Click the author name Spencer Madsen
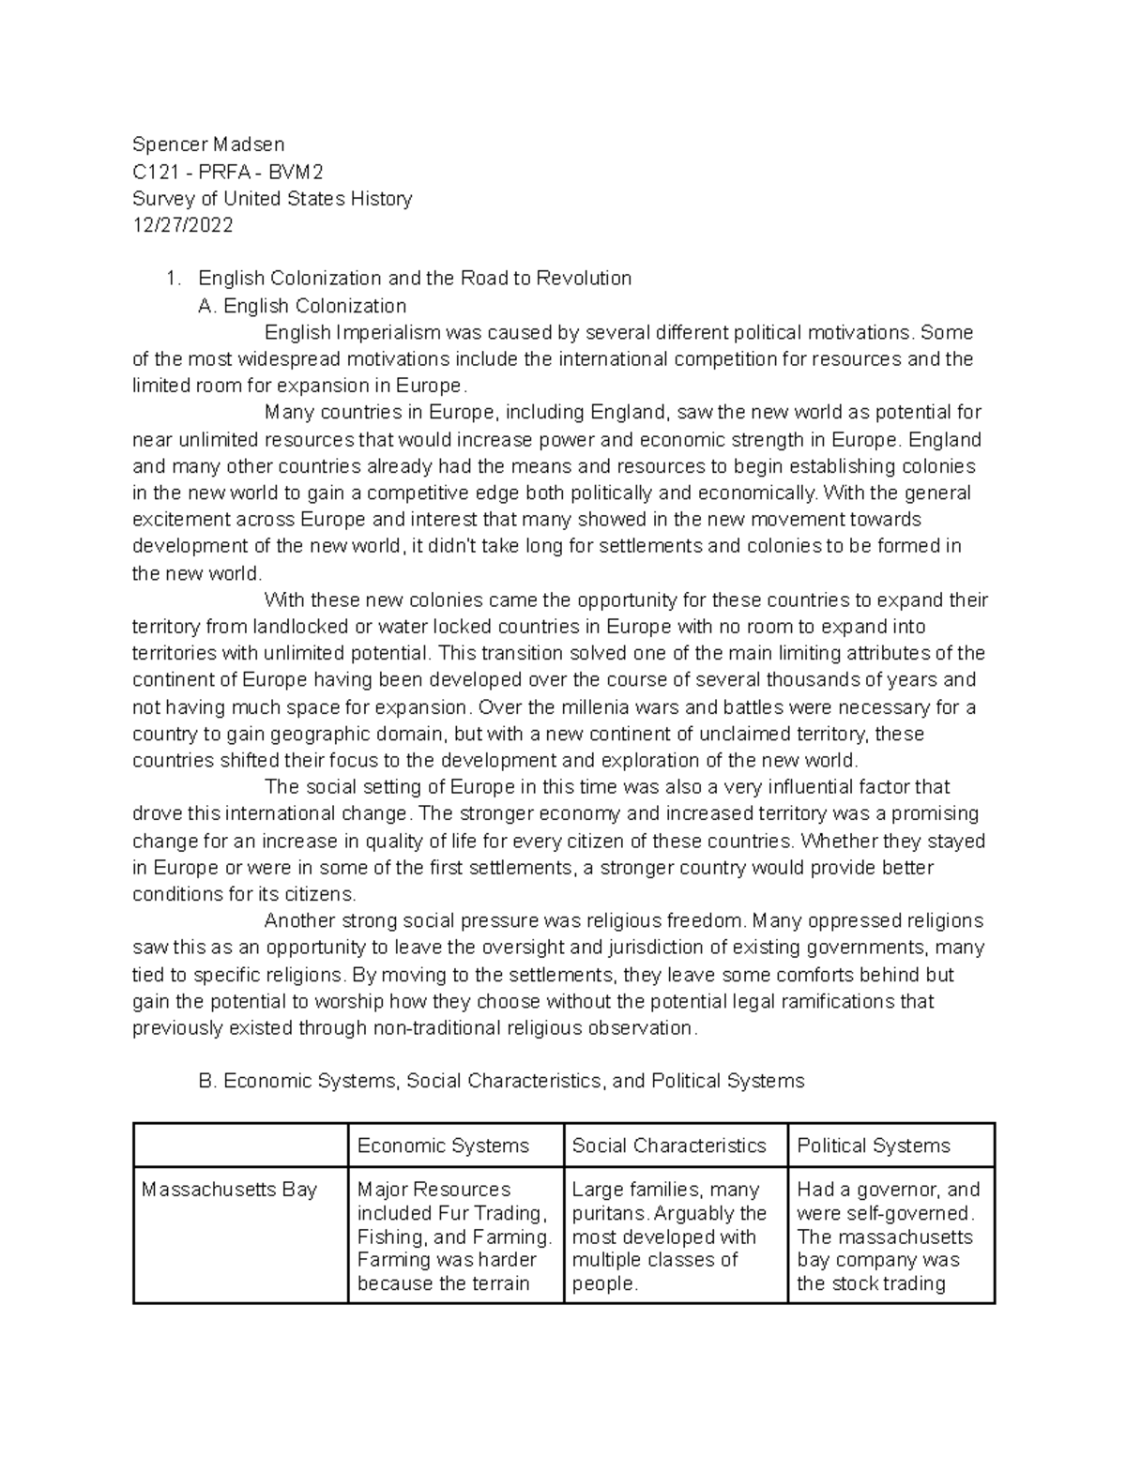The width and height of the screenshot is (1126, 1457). point(208,144)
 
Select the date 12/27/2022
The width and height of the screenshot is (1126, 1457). point(183,225)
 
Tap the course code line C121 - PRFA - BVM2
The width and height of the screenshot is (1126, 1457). point(228,172)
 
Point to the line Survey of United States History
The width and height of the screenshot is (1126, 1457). point(272,199)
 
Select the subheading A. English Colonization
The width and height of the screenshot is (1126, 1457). point(302,306)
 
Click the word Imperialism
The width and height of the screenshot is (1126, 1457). point(388,333)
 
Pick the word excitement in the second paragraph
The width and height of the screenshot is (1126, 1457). point(181,520)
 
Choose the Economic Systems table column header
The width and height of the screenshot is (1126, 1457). point(443,1146)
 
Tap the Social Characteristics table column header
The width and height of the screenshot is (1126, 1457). point(669,1146)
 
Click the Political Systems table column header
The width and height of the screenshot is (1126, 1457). point(874,1146)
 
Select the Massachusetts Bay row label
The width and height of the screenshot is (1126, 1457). point(229,1190)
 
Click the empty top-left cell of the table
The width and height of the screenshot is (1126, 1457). point(240,1146)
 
